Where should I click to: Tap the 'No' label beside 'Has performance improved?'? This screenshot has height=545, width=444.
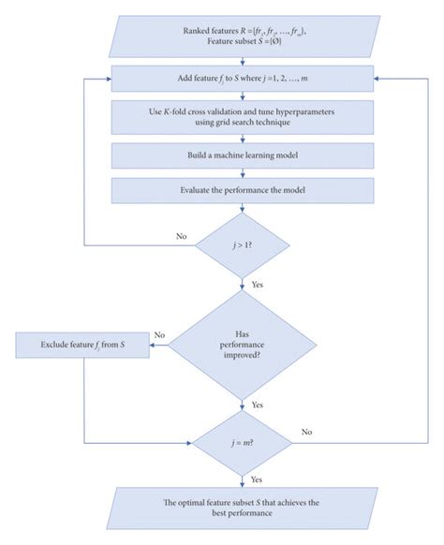[159, 335]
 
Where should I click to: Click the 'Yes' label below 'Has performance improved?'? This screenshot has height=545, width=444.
[257, 405]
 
